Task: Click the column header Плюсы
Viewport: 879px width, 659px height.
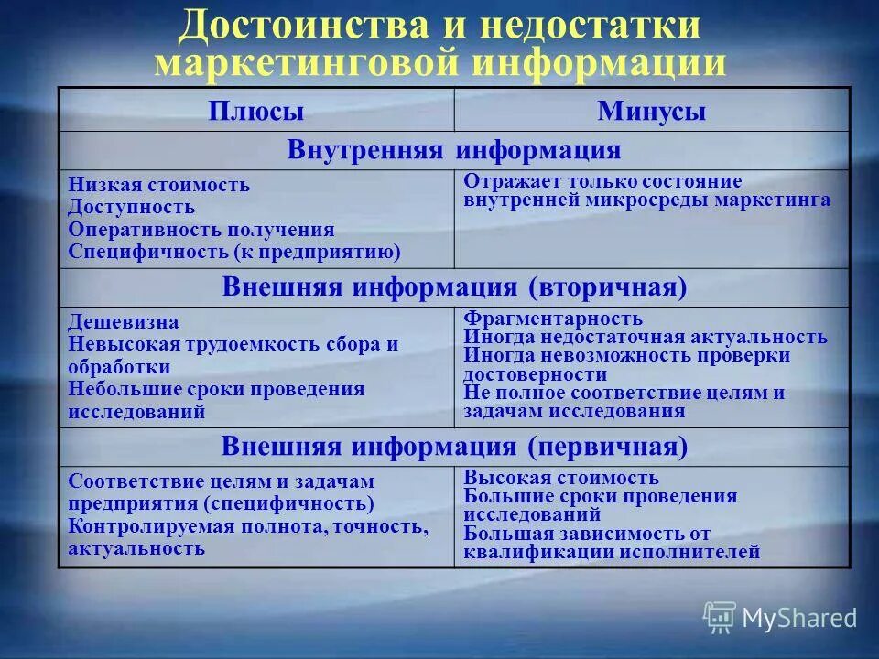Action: tap(256, 112)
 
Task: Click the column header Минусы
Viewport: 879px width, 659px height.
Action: tap(651, 112)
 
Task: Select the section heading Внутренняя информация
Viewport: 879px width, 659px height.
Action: tap(454, 150)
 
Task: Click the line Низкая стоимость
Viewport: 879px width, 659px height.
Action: tap(158, 185)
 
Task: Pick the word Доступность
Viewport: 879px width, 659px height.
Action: tap(131, 207)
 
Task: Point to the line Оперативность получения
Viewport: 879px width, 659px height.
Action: tap(201, 229)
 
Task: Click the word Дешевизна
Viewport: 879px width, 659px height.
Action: tap(124, 322)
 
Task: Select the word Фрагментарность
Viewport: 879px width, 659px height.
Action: tap(553, 319)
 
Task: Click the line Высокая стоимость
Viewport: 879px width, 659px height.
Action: tap(560, 478)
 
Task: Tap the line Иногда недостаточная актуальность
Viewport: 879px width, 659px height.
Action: tap(645, 337)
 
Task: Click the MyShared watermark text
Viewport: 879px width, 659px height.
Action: tap(799, 618)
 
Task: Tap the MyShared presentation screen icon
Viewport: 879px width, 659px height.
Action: tap(720, 618)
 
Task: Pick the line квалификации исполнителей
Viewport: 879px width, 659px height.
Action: tap(612, 552)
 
